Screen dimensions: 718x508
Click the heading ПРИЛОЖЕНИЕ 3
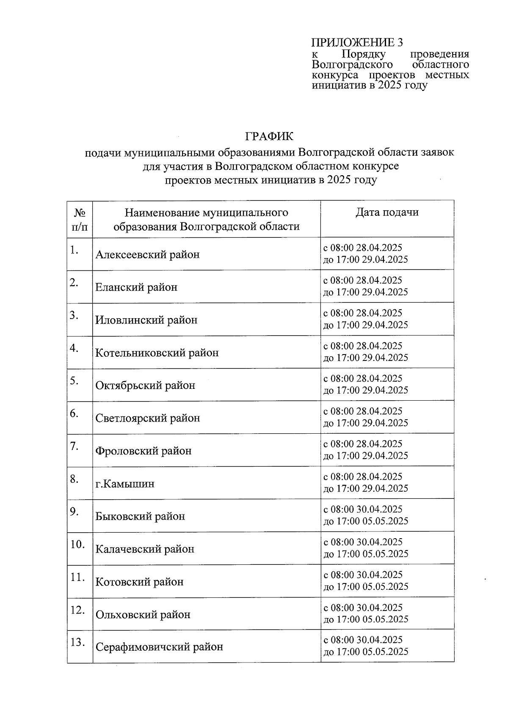tap(357, 43)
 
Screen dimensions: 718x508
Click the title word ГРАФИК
tap(269, 136)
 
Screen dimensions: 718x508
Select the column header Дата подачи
tap(387, 212)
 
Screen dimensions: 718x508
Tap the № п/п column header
tap(80, 219)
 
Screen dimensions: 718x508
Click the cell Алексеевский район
tap(147, 255)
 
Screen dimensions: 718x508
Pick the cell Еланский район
tap(136, 287)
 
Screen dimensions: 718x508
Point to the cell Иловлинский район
tap(146, 320)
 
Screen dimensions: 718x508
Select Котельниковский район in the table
tap(157, 352)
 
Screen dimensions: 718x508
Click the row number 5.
tap(75, 381)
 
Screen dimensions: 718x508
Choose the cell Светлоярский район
tap(147, 418)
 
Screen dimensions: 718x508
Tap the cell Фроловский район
tap(144, 451)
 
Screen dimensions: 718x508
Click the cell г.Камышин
tap(125, 484)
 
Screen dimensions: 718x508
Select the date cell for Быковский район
tap(366, 515)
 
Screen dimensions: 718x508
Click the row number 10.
tap(77, 545)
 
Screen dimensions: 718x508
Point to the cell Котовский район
tap(139, 582)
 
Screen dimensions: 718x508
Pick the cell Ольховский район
tap(143, 614)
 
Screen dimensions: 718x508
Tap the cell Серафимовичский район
tap(159, 647)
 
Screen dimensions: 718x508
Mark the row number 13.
tap(77, 643)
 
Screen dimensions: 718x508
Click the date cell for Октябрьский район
tap(366, 385)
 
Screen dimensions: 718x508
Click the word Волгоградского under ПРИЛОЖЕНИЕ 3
tap(352, 65)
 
